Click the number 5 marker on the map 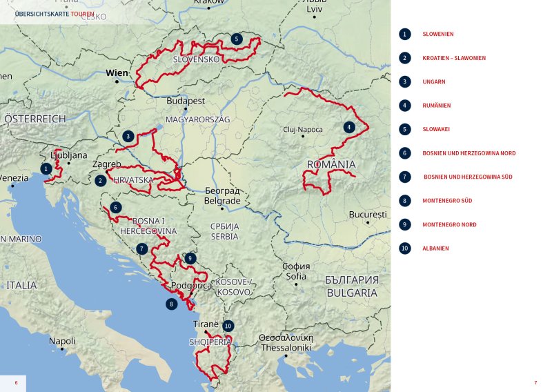click(237, 39)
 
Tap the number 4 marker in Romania click(349, 127)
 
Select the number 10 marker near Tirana click(228, 326)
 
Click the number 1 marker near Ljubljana click(46, 168)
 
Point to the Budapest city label click(186, 101)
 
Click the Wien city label click(117, 72)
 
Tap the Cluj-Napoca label click(303, 129)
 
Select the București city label click(368, 215)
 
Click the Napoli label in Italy click(62, 341)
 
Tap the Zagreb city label click(106, 164)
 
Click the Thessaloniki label click(286, 348)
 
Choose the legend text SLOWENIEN click(437, 34)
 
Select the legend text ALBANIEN click(435, 248)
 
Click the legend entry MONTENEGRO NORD click(449, 224)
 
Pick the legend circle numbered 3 click(405, 81)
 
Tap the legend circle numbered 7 click(405, 177)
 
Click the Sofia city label click(296, 276)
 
